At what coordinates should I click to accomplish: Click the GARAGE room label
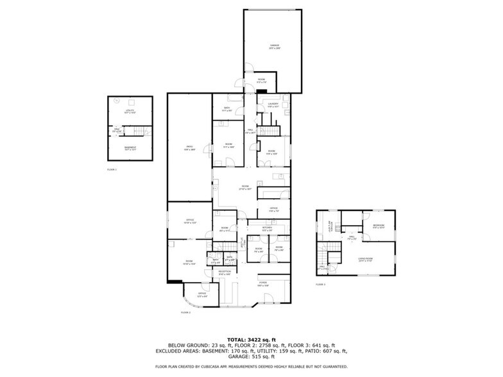click(x=274, y=46)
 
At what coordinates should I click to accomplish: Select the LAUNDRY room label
click(x=273, y=104)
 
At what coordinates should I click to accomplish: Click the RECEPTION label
click(x=225, y=272)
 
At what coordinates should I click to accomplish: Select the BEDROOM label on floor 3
click(x=378, y=226)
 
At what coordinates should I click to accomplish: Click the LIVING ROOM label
click(x=366, y=259)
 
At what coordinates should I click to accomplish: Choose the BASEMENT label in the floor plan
click(x=130, y=148)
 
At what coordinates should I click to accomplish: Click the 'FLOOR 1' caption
click(x=112, y=169)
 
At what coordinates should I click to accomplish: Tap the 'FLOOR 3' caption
click(x=320, y=284)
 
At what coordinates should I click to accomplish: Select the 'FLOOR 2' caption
click(x=186, y=312)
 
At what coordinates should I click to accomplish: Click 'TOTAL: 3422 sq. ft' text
click(x=251, y=339)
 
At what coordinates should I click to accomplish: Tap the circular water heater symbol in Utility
click(x=116, y=101)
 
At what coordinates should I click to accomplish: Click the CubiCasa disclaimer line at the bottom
click(x=251, y=367)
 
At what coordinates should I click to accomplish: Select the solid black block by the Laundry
click(x=262, y=92)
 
